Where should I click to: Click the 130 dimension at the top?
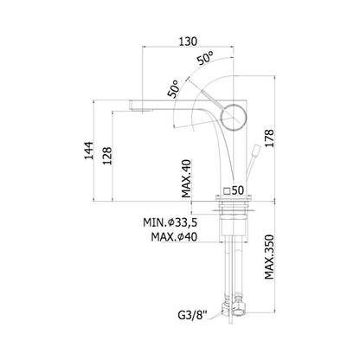(188, 42)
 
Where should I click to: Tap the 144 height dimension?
(89, 151)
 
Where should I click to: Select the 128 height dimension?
(107, 156)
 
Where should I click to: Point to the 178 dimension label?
(270, 138)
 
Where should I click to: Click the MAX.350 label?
(269, 257)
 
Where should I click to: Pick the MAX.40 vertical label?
(186, 178)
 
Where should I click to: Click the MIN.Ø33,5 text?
(170, 222)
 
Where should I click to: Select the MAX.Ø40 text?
(174, 237)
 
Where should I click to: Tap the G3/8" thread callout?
(193, 316)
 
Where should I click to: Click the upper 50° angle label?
(206, 58)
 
